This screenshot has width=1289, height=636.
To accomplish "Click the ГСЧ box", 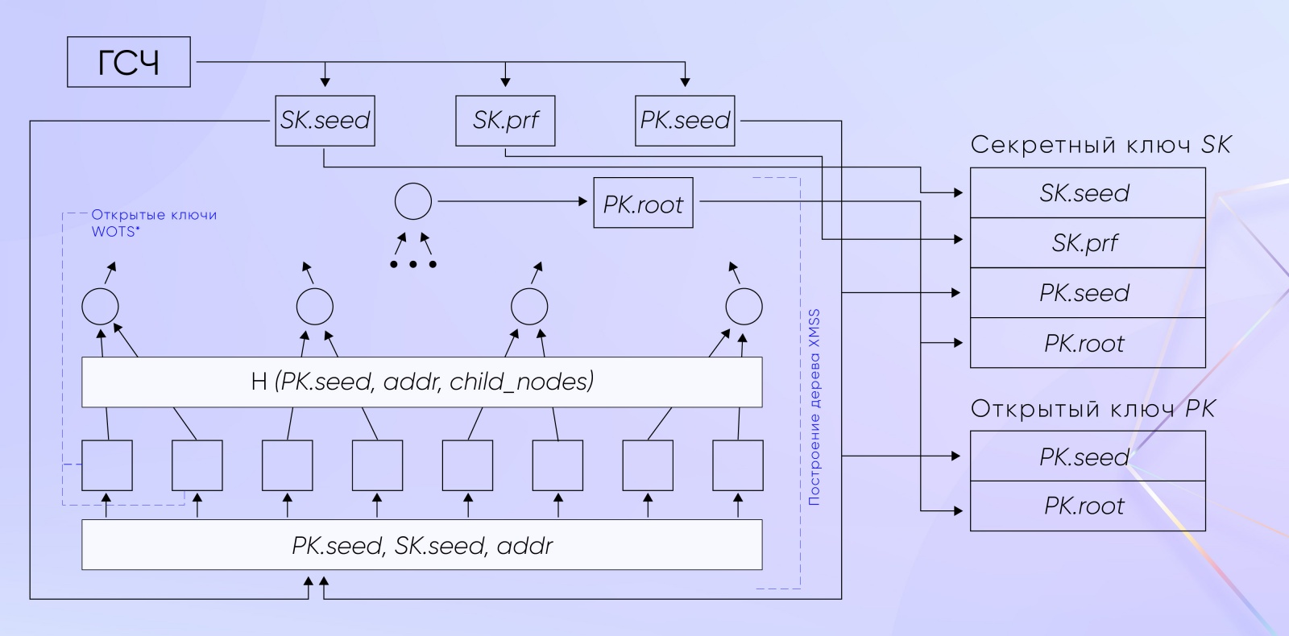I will tap(128, 62).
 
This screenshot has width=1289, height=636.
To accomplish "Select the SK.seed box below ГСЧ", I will tap(325, 121).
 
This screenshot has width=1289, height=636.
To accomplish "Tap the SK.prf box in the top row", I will tap(505, 121).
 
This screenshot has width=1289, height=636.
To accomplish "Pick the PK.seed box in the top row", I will tap(685, 121).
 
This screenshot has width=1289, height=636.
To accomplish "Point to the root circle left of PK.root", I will tap(412, 202).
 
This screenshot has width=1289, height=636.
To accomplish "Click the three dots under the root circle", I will tap(412, 264).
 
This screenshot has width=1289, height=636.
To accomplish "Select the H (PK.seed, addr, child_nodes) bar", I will tap(421, 382).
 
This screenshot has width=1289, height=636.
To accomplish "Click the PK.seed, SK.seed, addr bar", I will tap(421, 545).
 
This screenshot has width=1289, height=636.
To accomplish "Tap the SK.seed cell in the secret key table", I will tap(1087, 193).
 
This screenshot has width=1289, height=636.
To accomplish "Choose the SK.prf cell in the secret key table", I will tap(1087, 243).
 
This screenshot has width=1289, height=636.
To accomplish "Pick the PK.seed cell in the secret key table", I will tap(1087, 293).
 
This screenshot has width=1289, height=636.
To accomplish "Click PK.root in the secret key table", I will tap(1087, 344).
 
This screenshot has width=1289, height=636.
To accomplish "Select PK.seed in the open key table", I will tap(1087, 456).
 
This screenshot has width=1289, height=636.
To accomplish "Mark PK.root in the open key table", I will tap(1087, 506).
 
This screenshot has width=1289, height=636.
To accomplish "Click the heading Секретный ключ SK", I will tap(1100, 145).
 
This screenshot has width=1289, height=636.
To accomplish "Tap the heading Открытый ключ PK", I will tap(1092, 408).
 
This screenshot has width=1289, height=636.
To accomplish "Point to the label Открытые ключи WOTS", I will tap(153, 221).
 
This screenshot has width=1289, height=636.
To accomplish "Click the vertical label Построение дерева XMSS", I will tap(814, 407).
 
